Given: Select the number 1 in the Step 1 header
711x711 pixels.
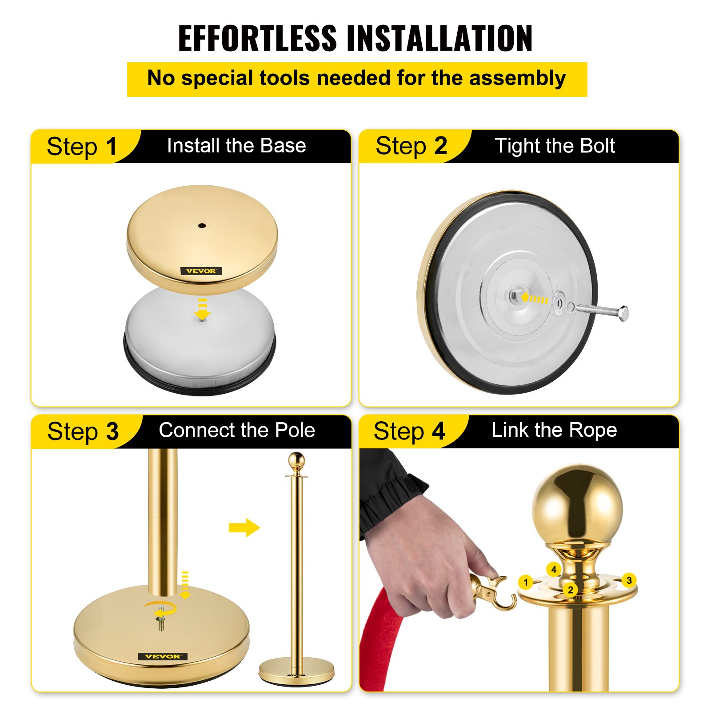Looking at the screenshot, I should point(111,147).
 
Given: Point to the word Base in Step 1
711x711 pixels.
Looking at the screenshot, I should point(283,146).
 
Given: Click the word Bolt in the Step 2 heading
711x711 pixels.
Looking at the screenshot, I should point(597,146).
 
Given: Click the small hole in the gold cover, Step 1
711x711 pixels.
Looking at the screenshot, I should point(202,226).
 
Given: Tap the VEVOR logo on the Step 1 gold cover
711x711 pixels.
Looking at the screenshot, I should point(201,271).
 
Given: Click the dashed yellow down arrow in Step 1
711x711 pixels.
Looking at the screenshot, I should point(203,309).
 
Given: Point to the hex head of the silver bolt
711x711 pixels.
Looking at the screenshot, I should point(623,313).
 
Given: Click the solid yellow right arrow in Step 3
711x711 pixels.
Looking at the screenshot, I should point(244,527).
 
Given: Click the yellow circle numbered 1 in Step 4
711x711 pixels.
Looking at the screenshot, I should point(526,582).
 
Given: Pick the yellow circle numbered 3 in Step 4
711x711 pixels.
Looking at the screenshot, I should point(629,580).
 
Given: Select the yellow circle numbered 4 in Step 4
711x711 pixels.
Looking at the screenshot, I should point(554,569).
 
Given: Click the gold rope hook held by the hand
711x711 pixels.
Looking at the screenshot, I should point(493,591).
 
